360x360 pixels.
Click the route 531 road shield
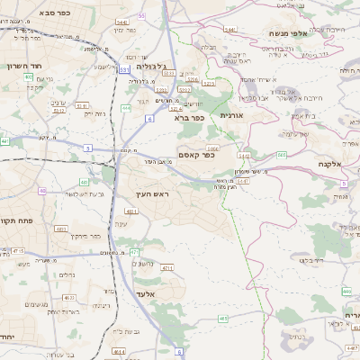pos(124,69)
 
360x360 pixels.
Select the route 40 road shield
pos(42,191)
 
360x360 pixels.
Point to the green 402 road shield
pos(29,77)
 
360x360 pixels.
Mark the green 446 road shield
pos(346,291)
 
